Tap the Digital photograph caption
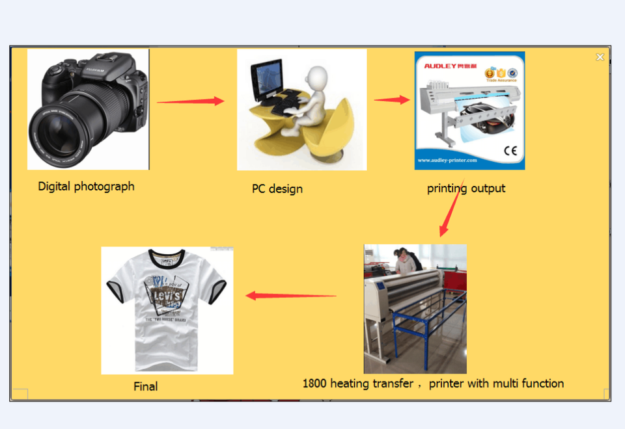click(x=86, y=187)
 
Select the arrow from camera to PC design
click(x=190, y=101)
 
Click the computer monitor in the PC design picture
click(x=266, y=79)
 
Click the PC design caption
click(x=277, y=189)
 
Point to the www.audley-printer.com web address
click(x=447, y=160)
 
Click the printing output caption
click(x=466, y=188)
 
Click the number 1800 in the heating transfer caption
click(x=314, y=383)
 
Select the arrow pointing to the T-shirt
click(x=290, y=296)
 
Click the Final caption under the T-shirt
click(x=146, y=386)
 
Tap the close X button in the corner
click(x=600, y=57)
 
